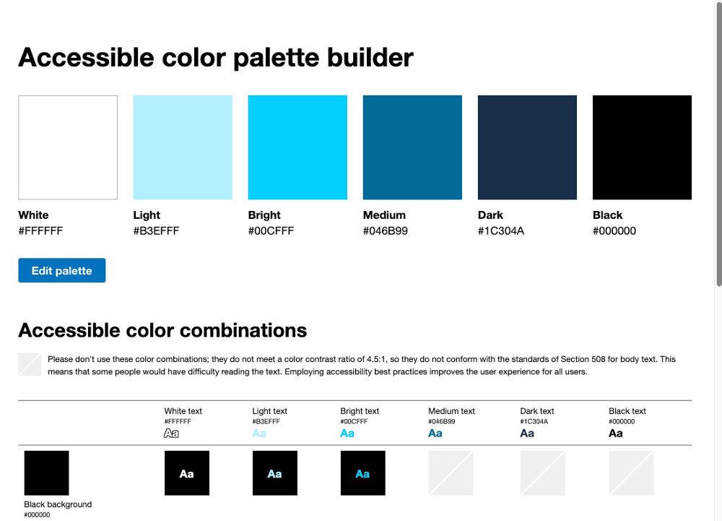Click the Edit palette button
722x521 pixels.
click(61, 270)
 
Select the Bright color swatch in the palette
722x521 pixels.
click(297, 147)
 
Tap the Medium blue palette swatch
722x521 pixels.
click(412, 147)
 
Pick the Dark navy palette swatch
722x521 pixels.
click(527, 147)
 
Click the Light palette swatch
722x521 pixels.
click(183, 147)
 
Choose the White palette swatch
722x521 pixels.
click(68, 147)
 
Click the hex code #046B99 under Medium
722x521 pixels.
click(386, 231)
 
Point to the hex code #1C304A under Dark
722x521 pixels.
click(501, 231)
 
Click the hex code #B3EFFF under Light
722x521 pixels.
click(156, 231)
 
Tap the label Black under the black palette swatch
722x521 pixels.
click(607, 215)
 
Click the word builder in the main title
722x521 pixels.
click(370, 58)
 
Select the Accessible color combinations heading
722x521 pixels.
click(162, 330)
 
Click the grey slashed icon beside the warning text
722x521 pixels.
click(30, 364)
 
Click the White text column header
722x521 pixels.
click(183, 411)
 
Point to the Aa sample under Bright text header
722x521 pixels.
click(347, 433)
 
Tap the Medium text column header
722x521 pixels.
click(451, 411)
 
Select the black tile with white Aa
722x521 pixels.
click(187, 473)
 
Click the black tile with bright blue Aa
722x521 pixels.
click(363, 473)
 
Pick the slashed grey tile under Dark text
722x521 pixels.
click(543, 473)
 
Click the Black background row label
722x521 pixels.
click(58, 504)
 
